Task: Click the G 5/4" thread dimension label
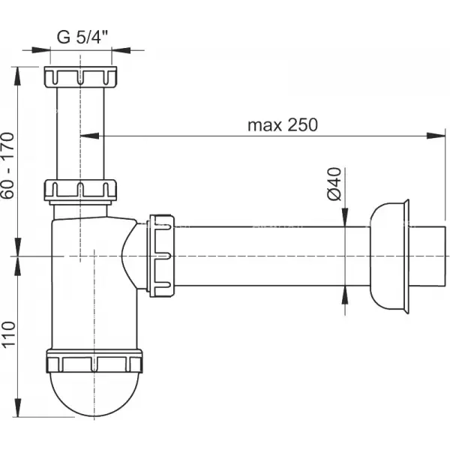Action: pyautogui.click(x=82, y=37)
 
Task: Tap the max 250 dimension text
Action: pyautogui.click(x=283, y=124)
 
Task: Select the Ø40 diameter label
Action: pyautogui.click(x=334, y=184)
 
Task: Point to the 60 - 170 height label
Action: pyautogui.click(x=7, y=165)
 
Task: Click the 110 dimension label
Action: pyautogui.click(x=8, y=334)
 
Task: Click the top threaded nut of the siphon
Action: pyautogui.click(x=81, y=76)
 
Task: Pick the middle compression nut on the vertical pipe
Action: pyautogui.click(x=80, y=190)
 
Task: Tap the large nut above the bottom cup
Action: pyautogui.click(x=94, y=361)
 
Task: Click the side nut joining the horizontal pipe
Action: pyautogui.click(x=160, y=256)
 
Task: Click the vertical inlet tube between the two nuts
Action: pyautogui.click(x=80, y=133)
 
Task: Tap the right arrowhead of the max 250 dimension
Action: pyautogui.click(x=436, y=136)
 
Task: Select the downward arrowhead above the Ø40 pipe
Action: pyautogui.click(x=345, y=217)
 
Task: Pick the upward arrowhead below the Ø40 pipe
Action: pyautogui.click(x=345, y=295)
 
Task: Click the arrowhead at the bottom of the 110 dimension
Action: pyautogui.click(x=18, y=407)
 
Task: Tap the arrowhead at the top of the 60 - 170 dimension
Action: pyautogui.click(x=18, y=76)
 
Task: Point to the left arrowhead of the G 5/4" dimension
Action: pyautogui.click(x=41, y=50)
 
